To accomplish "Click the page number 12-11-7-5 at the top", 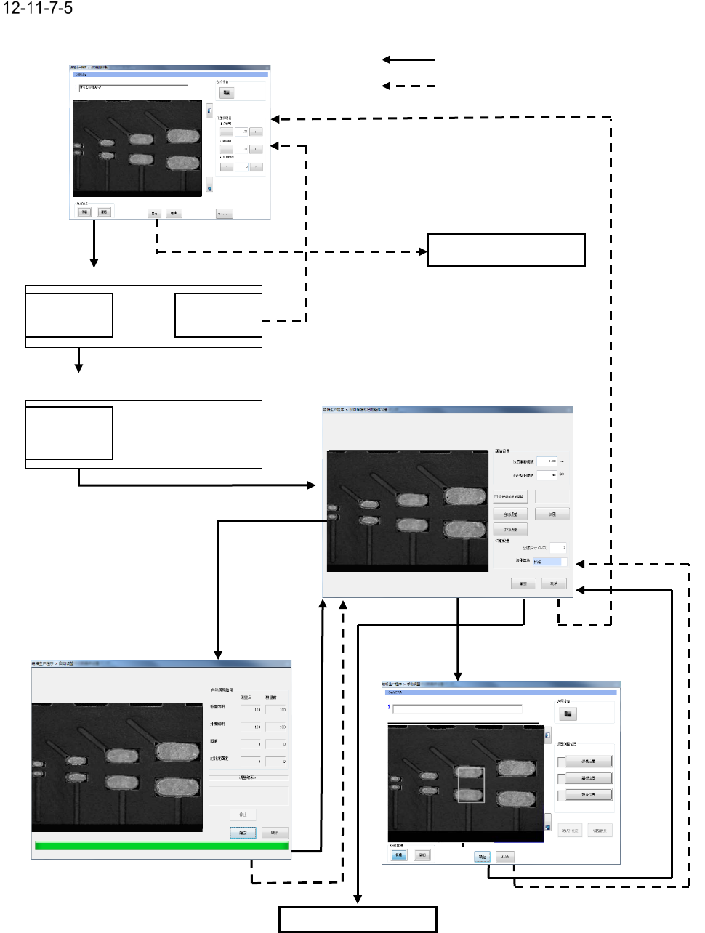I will point(38,9).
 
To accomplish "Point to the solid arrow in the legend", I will point(408,60).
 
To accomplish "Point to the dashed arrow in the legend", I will point(408,86).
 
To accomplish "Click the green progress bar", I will point(161,846).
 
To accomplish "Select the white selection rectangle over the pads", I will point(471,785).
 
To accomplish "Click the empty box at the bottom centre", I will point(358,919).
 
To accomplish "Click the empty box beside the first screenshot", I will point(506,250).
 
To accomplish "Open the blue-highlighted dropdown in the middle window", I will point(550,562).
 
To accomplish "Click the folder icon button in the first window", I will point(227,93).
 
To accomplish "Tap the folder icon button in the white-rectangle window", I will point(568,714).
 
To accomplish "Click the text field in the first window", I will point(134,88).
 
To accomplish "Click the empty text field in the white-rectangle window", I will point(457,708).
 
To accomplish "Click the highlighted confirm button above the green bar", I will point(243,833).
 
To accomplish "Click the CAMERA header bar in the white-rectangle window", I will point(501,692).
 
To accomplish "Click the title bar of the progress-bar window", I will point(161,663).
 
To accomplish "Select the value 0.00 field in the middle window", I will point(547,461).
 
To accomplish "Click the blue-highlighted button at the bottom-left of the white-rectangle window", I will point(398,855).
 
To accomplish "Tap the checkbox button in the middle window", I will point(509,497).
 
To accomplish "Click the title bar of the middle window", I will point(447,410).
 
